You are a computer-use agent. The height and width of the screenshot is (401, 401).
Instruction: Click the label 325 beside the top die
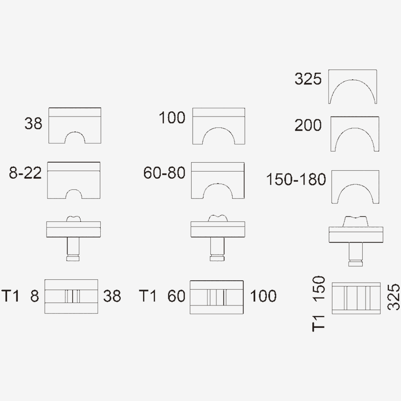(308, 79)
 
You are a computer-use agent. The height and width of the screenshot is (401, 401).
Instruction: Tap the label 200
(308, 125)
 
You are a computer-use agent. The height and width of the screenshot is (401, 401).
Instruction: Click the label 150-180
(296, 179)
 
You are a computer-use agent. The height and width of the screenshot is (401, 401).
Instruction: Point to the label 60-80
(164, 173)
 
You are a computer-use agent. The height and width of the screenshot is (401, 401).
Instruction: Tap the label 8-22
(25, 173)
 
